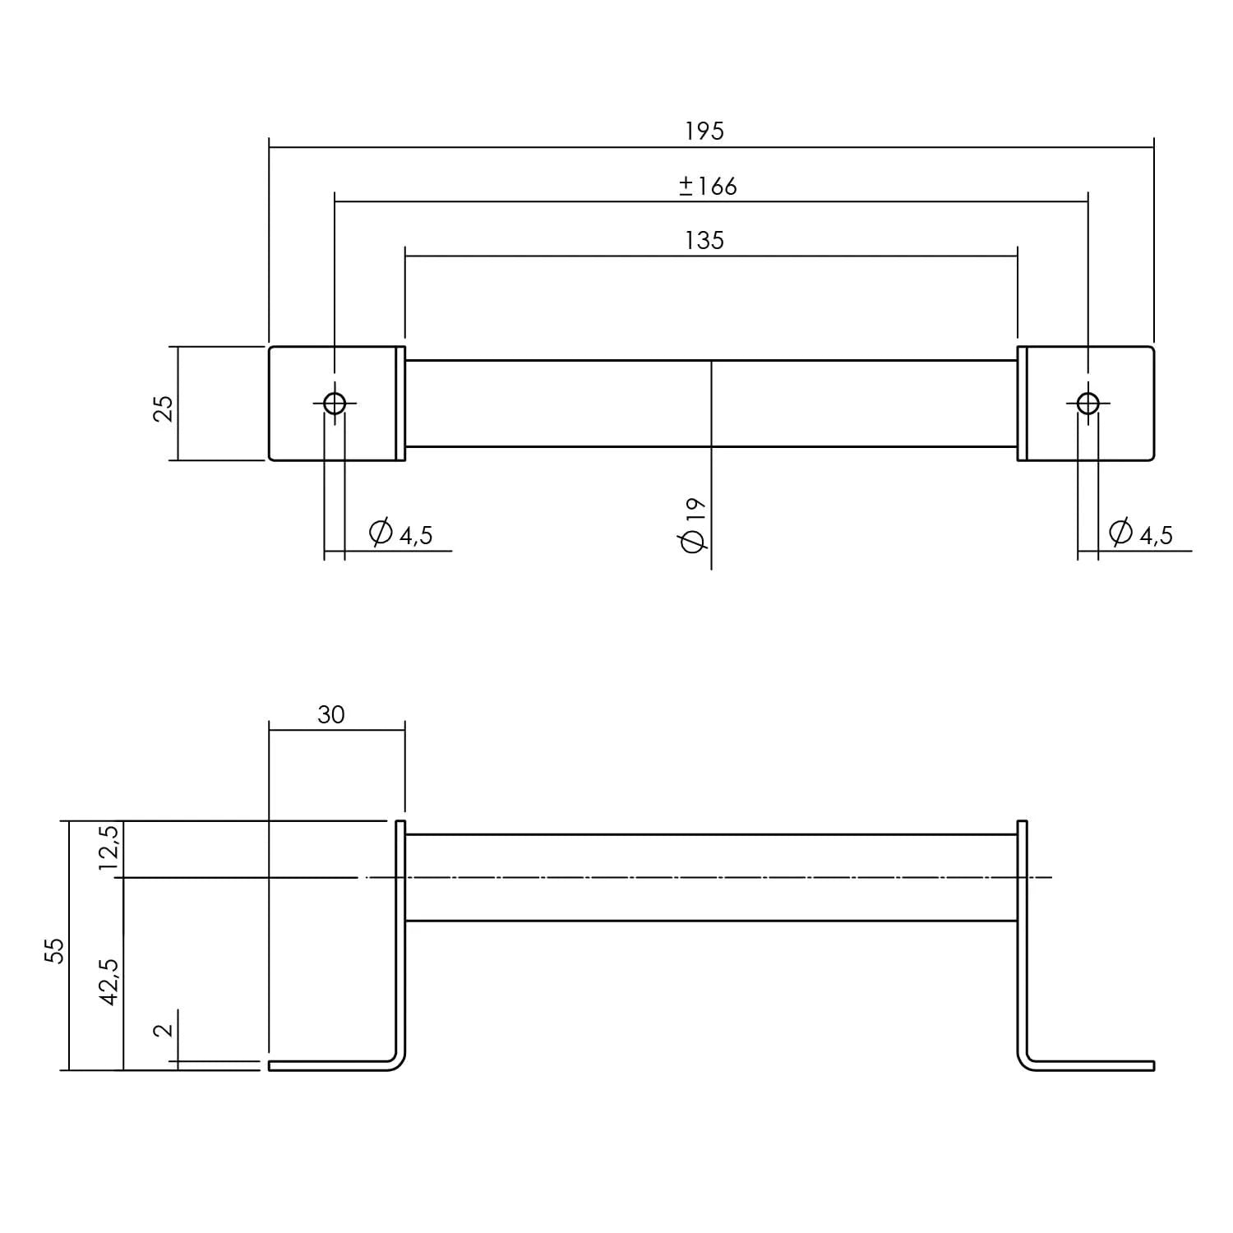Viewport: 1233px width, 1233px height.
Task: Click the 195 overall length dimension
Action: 704,132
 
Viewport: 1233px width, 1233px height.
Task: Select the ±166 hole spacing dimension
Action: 708,187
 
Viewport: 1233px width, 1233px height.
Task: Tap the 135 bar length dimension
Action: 704,241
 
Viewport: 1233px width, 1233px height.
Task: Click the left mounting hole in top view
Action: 335,404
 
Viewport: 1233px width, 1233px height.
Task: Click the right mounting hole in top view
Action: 1088,404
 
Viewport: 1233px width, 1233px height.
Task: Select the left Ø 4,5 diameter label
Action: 401,534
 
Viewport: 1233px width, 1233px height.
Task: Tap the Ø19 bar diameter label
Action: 692,525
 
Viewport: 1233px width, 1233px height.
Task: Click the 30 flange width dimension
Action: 330,715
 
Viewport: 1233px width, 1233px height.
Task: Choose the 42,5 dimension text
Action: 109,981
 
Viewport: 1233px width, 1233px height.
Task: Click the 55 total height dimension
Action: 54,951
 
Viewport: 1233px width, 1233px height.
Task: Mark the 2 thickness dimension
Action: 164,1028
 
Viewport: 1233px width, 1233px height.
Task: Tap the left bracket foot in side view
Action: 329,1066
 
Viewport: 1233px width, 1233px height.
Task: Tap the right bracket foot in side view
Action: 1093,1066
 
